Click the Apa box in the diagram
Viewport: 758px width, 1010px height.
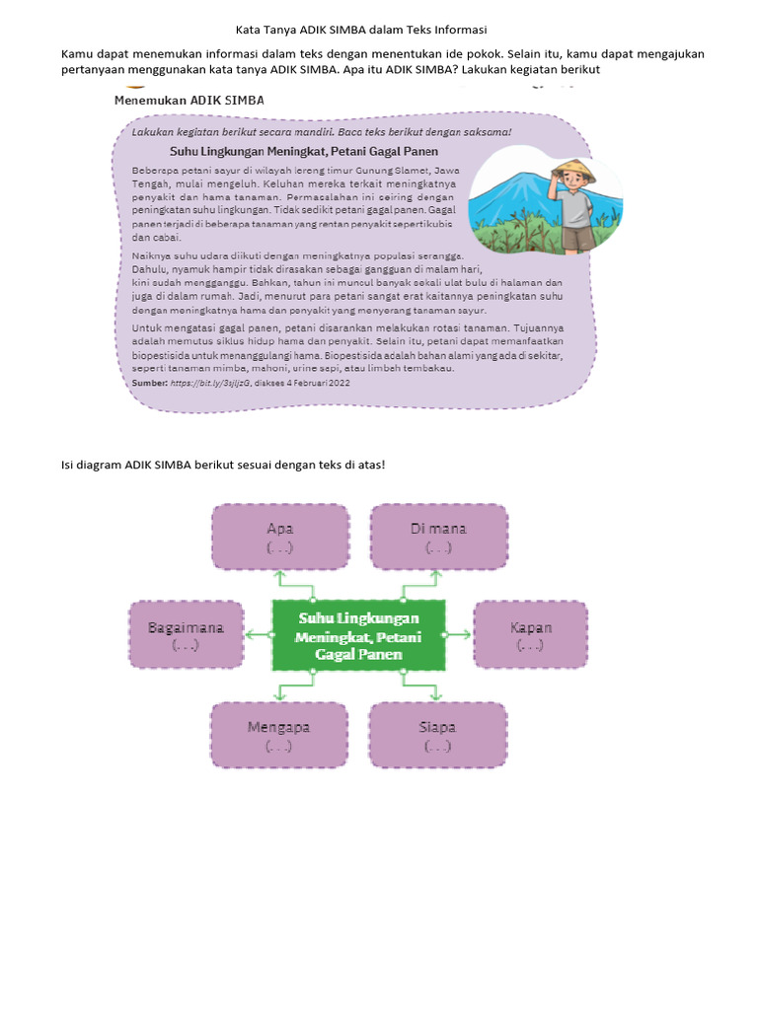click(279, 538)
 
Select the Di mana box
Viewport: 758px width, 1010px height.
click(438, 538)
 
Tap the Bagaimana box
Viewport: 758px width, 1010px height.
click(186, 635)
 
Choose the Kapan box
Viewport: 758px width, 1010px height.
click(530, 635)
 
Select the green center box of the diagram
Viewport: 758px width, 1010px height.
click(358, 635)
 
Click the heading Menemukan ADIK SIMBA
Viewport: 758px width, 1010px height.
click(189, 101)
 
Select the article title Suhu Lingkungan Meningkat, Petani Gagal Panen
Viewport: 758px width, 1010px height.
click(303, 152)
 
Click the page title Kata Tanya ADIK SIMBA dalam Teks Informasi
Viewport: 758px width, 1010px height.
click(376, 31)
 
